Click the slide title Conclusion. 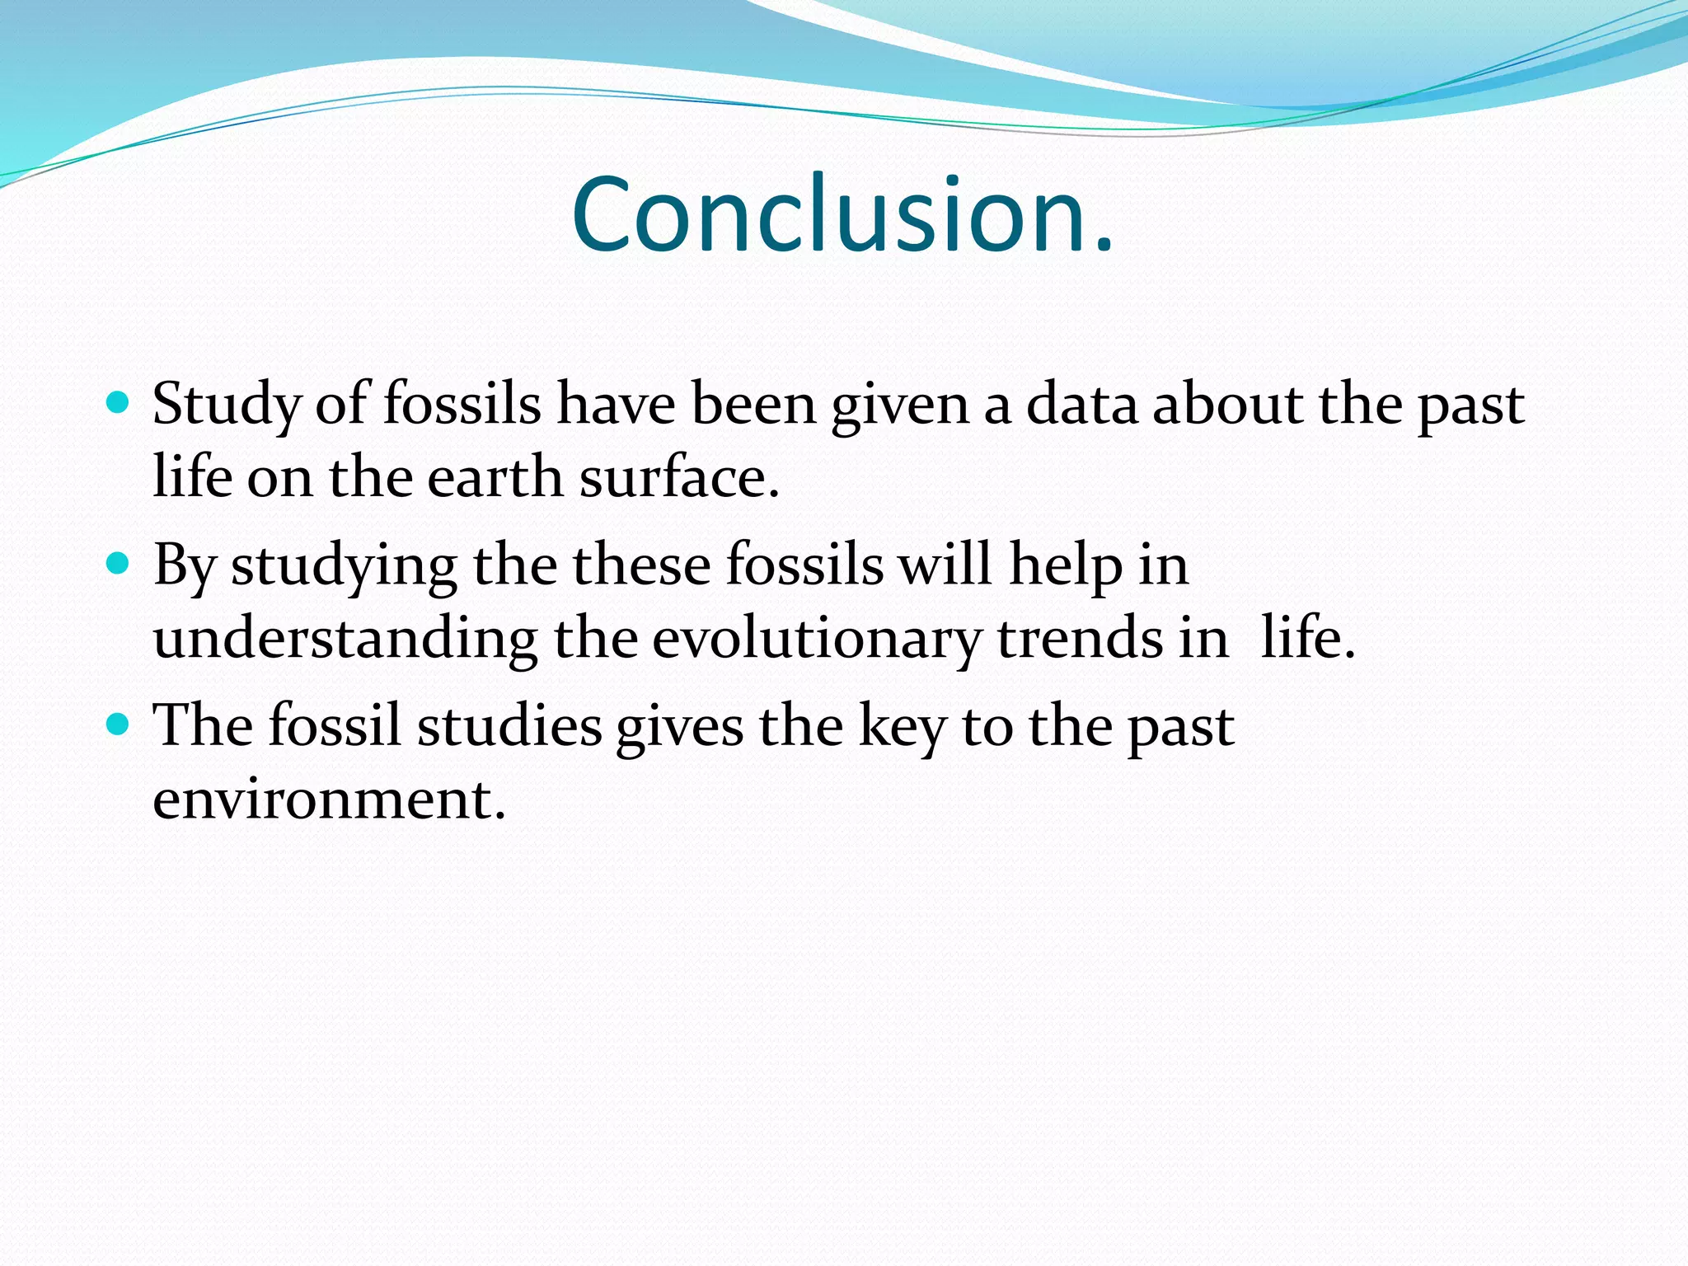(x=842, y=216)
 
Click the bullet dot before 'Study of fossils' (x=119, y=403)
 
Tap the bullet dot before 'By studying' (x=119, y=564)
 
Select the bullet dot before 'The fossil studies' (x=119, y=724)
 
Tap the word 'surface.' (x=679, y=477)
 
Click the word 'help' (x=1066, y=567)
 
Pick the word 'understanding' (x=345, y=640)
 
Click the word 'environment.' (x=329, y=799)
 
